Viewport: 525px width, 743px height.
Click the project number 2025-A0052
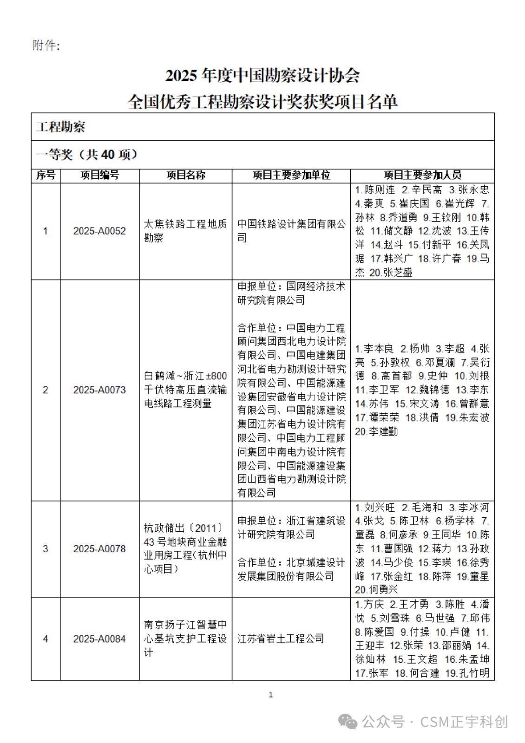[x=99, y=231]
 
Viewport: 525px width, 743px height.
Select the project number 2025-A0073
[x=99, y=390]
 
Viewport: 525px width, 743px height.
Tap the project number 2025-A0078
[x=99, y=549]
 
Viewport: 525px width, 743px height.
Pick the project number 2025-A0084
[x=99, y=639]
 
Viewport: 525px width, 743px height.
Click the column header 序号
[x=46, y=175]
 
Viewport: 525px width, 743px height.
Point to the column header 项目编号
[x=99, y=175]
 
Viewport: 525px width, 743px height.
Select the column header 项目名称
[x=186, y=175]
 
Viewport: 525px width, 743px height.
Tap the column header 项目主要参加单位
[x=291, y=175]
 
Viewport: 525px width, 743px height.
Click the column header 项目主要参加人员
[x=422, y=175]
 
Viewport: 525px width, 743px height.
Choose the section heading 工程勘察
[x=61, y=127]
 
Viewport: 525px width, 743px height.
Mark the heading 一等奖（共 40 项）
[x=87, y=155]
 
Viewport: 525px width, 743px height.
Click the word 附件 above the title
[x=46, y=46]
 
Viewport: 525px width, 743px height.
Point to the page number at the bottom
[x=271, y=695]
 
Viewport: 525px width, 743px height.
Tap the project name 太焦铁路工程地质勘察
[x=185, y=231]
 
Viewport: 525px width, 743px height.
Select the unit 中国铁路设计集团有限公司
[x=291, y=231]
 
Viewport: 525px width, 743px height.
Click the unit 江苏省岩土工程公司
[x=281, y=639]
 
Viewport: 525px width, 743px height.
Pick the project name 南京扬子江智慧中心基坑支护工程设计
[x=185, y=639]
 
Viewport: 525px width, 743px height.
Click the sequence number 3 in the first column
[x=46, y=549]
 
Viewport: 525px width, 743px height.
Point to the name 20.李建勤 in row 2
[x=377, y=432]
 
